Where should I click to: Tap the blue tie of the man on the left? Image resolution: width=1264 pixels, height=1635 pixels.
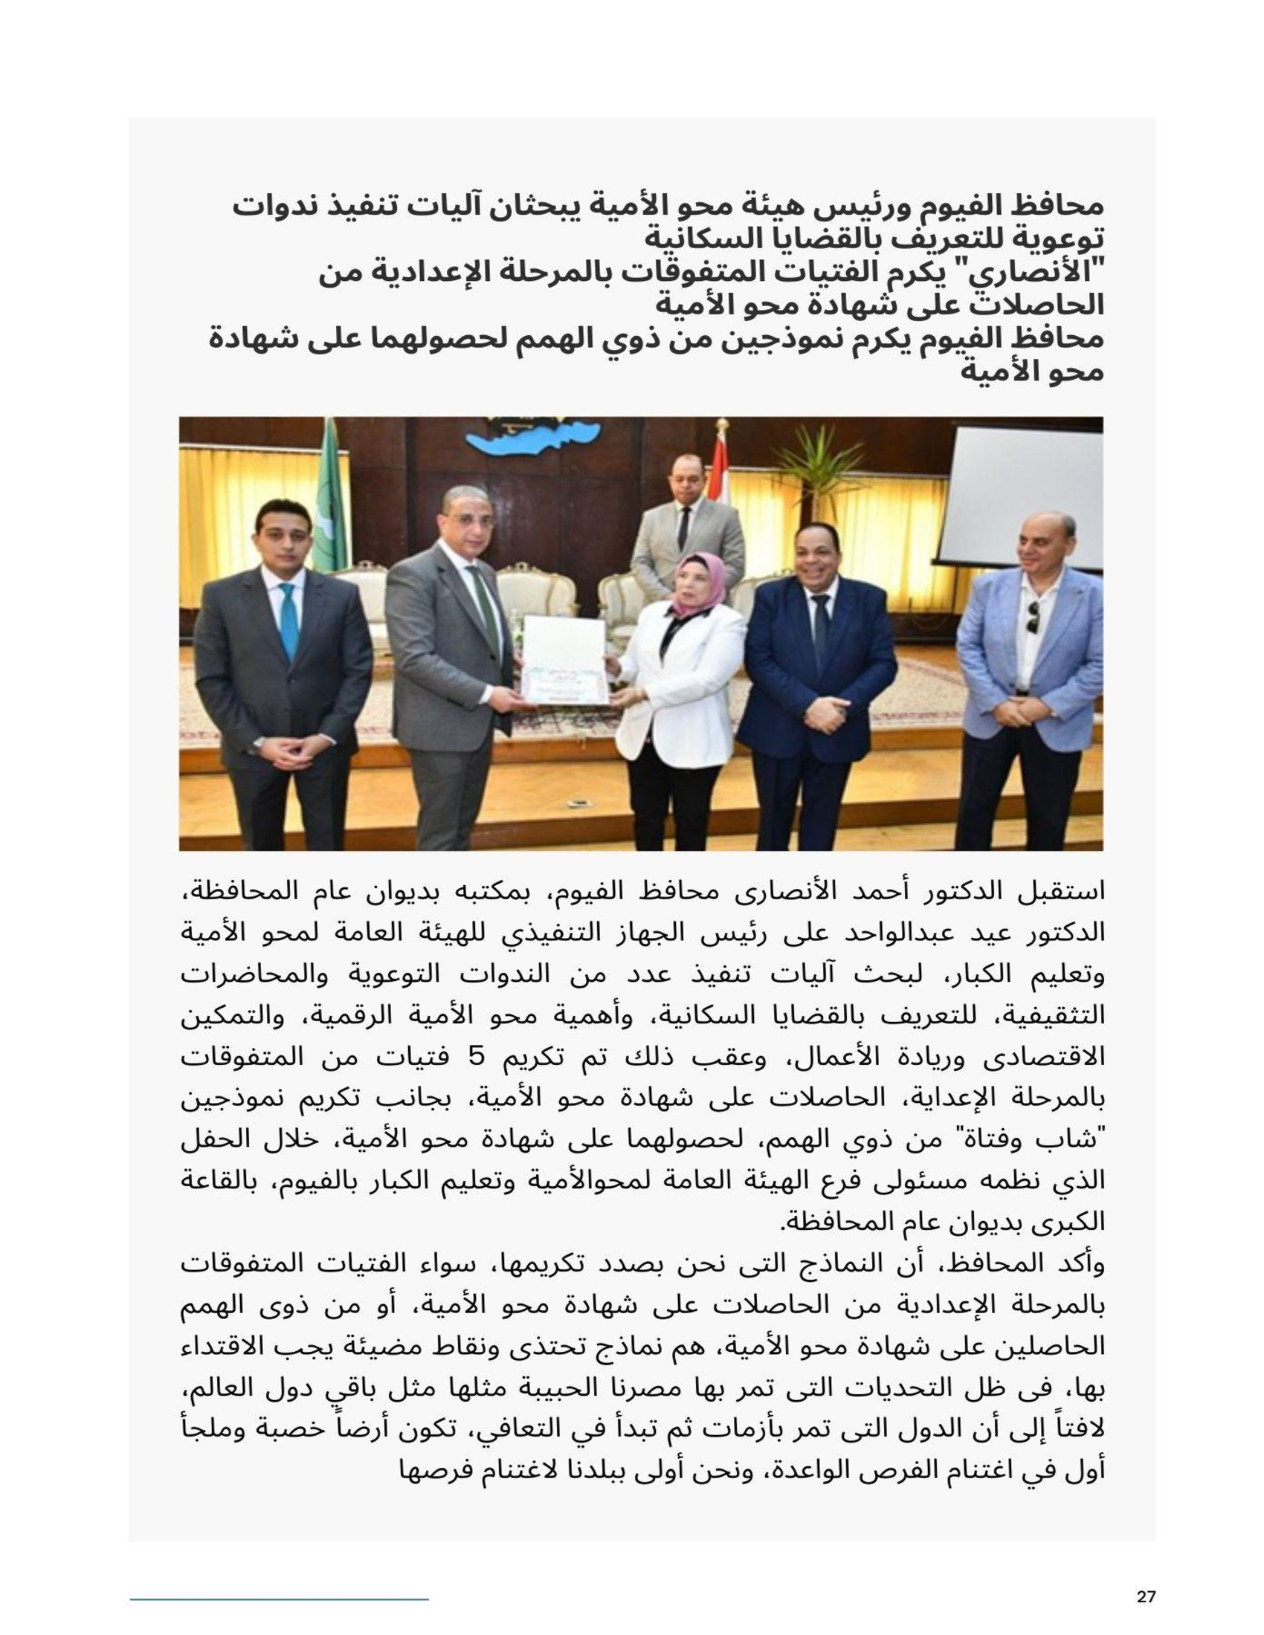point(288,621)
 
